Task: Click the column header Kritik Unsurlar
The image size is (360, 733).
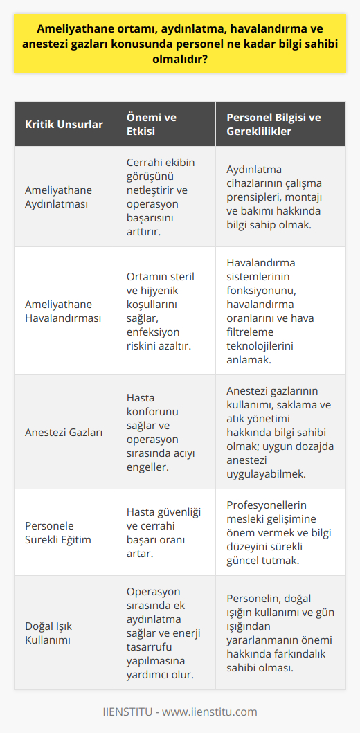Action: coord(64,125)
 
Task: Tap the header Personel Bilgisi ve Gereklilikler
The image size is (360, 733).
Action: coord(273,125)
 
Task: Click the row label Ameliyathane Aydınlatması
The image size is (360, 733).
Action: coord(59,198)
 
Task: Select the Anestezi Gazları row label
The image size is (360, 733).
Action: coord(63,433)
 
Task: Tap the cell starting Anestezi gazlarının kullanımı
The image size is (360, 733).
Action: coord(279,433)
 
